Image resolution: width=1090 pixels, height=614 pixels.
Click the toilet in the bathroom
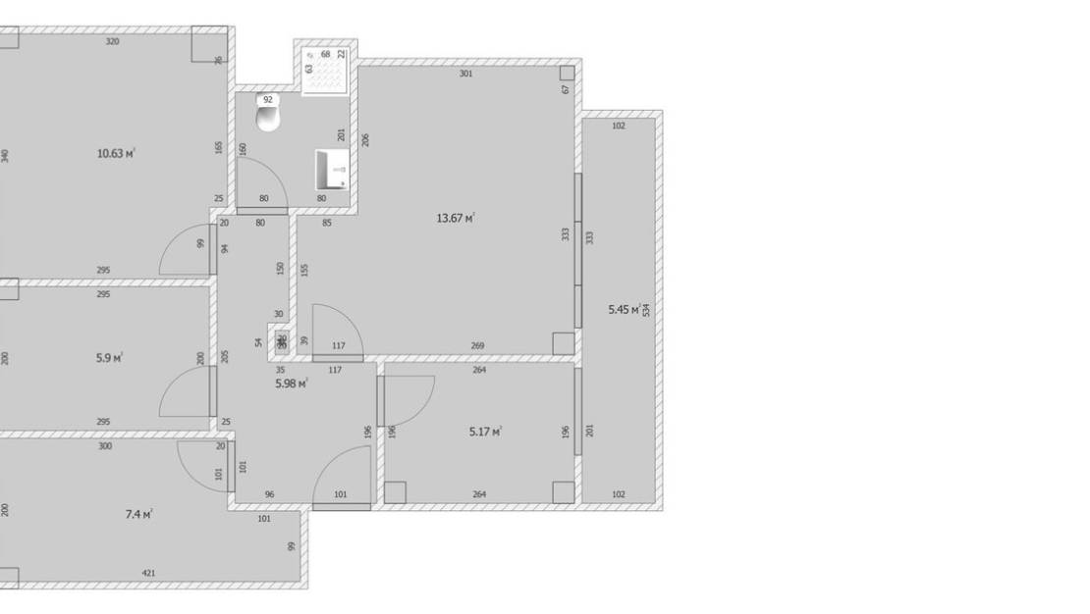268,117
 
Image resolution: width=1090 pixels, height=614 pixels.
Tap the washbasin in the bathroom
332,170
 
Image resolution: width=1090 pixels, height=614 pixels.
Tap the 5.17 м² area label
486,431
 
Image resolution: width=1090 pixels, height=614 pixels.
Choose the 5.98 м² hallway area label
292,384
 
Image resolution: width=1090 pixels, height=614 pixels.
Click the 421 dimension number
148,573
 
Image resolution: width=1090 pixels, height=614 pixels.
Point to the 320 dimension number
113,41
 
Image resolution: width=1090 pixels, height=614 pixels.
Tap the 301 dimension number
466,74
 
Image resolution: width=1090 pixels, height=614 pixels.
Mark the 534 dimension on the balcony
646,310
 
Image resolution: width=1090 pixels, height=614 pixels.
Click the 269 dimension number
477,345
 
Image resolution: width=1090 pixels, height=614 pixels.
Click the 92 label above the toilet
268,99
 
